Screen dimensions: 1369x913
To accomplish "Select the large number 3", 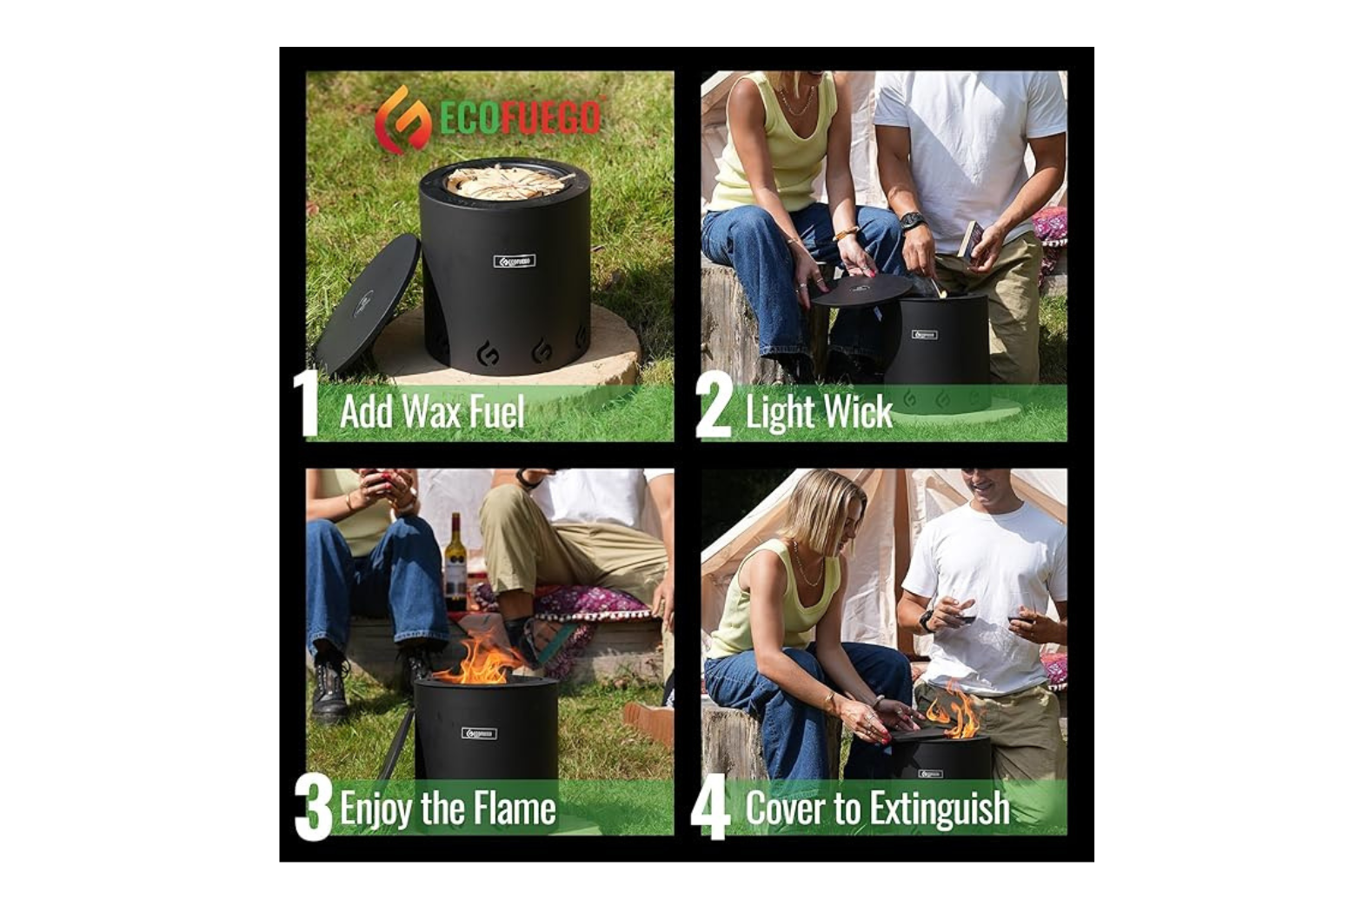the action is click(313, 807).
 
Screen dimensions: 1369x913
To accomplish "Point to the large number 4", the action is click(710, 807).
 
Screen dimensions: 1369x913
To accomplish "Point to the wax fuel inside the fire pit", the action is click(508, 183).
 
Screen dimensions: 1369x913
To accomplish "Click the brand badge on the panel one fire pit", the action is click(515, 261).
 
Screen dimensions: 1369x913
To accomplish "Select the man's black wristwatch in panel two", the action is click(911, 222).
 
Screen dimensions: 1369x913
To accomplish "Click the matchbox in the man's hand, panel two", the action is click(968, 239).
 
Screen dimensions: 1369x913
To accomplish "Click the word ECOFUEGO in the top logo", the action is click(520, 118).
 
